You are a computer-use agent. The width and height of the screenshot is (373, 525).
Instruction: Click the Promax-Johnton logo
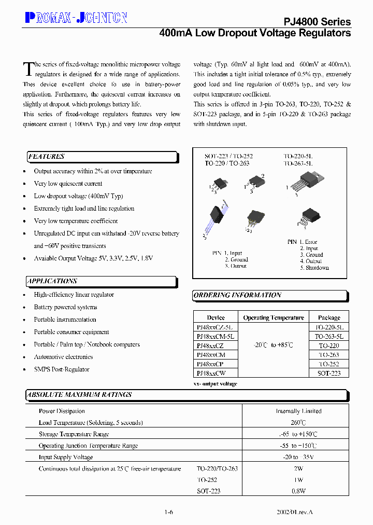[76, 18]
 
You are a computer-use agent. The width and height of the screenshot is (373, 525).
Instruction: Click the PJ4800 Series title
[317, 21]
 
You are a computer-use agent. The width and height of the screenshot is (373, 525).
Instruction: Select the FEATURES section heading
[47, 157]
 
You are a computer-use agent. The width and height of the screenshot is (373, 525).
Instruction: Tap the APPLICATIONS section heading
[52, 281]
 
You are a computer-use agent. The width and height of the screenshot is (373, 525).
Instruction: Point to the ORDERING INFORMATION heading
[237, 295]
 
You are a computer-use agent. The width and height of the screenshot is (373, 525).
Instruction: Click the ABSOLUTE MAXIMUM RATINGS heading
[79, 395]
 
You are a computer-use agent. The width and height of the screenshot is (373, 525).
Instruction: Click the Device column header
[216, 317]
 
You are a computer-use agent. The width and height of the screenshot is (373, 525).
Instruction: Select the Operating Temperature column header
[274, 317]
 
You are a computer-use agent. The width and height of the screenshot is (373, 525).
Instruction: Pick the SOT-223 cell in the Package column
[329, 373]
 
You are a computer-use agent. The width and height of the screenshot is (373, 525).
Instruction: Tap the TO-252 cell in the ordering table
[329, 364]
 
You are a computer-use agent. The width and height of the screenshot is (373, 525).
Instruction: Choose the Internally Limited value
[298, 411]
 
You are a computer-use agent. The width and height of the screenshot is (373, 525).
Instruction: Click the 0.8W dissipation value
[298, 491]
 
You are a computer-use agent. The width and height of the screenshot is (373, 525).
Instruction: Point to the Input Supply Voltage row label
[66, 457]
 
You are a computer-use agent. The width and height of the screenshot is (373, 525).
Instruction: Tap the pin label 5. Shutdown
[314, 268]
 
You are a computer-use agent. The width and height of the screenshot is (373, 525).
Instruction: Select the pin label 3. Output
[236, 266]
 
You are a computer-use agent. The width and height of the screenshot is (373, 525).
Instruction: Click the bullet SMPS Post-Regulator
[62, 369]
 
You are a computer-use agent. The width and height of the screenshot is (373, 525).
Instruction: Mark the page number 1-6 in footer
[168, 512]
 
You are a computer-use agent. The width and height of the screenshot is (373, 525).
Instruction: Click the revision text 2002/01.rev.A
[295, 512]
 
